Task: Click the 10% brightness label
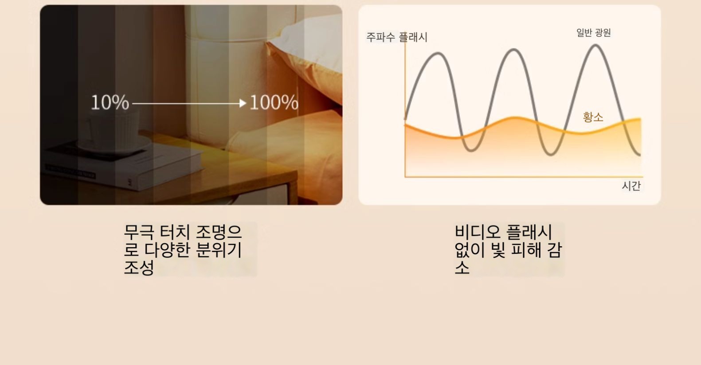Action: coord(110,103)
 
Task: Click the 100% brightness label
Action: coord(274,103)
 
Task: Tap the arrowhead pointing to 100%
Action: coord(243,103)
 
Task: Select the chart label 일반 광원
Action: coord(594,32)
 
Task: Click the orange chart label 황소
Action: coord(593,117)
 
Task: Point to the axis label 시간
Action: coord(631,186)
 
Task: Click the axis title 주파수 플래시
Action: coord(397,37)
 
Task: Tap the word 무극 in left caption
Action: coord(139,232)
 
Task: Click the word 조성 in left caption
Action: coord(139,268)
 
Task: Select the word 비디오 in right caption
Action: coord(477,232)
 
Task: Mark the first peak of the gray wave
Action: coord(439,54)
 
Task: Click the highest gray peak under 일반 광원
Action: coord(595,46)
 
